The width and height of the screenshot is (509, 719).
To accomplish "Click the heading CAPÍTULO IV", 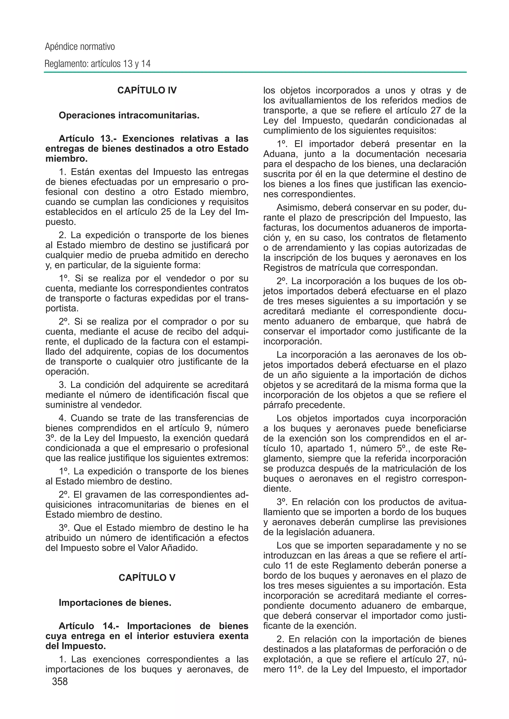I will pos(147,90).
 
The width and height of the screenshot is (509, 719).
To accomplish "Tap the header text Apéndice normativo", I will pos(80,47).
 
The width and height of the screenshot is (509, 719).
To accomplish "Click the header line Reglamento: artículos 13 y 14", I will pos(97,64).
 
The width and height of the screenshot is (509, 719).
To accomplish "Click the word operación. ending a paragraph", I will pos(67,372).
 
